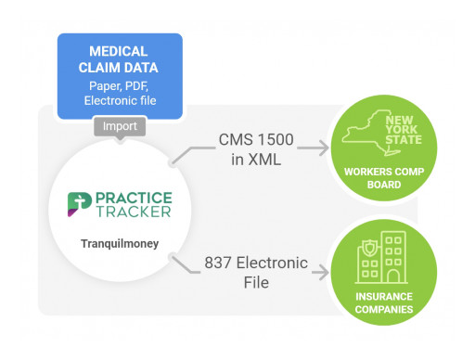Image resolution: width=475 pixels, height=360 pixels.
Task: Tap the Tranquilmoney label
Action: [119, 244]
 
